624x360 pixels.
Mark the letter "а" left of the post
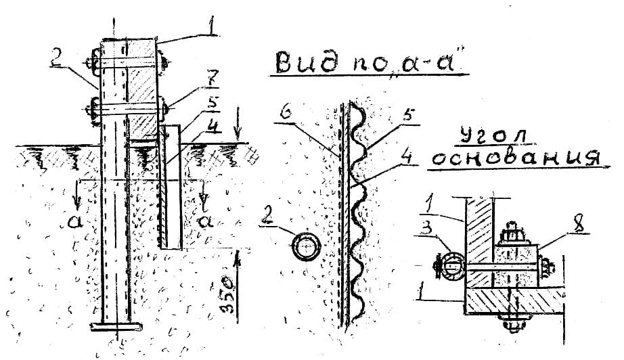click(76, 221)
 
